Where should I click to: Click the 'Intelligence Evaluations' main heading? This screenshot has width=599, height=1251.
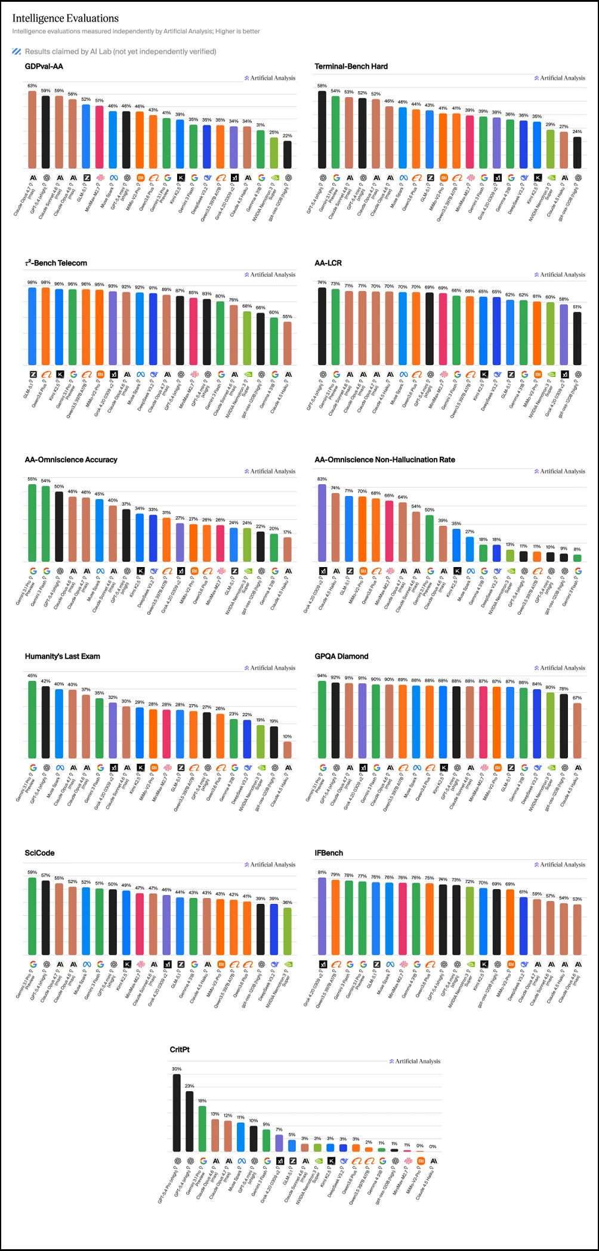click(66, 18)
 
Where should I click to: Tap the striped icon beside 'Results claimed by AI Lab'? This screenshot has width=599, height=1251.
click(17, 51)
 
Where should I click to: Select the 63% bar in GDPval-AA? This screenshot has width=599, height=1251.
click(32, 129)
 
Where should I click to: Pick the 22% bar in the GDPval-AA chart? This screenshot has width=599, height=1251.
click(288, 154)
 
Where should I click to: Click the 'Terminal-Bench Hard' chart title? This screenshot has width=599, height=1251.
click(351, 66)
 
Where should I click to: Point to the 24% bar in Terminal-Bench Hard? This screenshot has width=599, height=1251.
click(577, 153)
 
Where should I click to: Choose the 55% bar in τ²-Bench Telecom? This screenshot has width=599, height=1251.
click(288, 343)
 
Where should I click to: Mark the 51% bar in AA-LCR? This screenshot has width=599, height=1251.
click(577, 339)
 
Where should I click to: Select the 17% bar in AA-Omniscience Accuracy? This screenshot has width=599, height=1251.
click(288, 550)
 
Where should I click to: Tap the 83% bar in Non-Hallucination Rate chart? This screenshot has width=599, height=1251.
click(322, 523)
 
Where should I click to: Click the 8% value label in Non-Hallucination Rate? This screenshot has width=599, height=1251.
click(577, 549)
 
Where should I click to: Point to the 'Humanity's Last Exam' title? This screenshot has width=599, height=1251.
click(63, 657)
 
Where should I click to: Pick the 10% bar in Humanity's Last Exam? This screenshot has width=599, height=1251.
click(288, 750)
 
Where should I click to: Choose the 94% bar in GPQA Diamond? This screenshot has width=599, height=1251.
click(322, 720)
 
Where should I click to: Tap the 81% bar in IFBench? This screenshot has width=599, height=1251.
click(322, 916)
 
